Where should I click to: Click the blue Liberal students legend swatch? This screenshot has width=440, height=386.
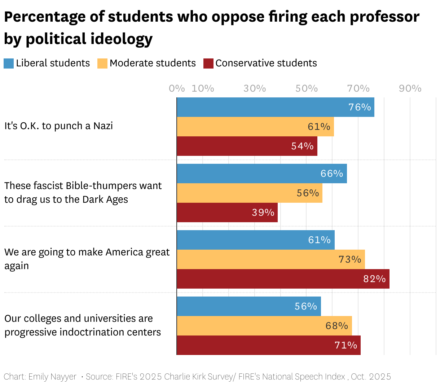[x=9, y=63]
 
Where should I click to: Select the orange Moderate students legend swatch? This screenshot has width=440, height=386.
[x=102, y=63]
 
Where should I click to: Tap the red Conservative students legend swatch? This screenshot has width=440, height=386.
[x=208, y=63]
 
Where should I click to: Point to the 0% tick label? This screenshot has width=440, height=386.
[x=177, y=89]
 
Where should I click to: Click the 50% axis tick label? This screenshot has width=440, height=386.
[x=307, y=89]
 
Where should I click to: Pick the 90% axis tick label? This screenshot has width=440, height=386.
[x=410, y=89]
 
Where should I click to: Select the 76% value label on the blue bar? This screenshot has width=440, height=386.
[x=360, y=107]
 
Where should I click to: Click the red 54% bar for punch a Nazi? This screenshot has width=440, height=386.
[x=247, y=146]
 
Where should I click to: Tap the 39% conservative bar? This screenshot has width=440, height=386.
[x=227, y=212]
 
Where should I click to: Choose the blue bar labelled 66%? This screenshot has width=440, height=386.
[x=261, y=174]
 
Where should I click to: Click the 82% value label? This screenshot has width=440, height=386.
[x=374, y=279]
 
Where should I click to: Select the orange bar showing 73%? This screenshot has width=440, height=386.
[x=270, y=259]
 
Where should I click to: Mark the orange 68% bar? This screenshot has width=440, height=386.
[x=264, y=326]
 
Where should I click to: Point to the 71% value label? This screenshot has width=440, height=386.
[x=346, y=345]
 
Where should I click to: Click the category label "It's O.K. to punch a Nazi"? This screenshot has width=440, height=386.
[x=58, y=126]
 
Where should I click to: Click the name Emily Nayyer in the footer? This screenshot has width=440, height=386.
[x=52, y=377]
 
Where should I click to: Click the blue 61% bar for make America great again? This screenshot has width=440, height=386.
[x=255, y=240]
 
